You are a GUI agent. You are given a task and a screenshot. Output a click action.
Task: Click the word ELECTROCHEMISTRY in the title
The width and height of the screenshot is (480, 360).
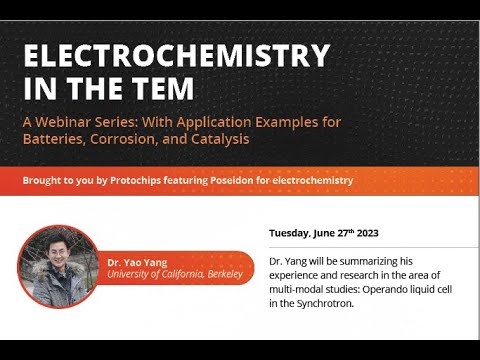tap(176, 55)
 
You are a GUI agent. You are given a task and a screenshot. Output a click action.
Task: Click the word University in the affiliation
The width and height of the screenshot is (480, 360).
tap(132, 274)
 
